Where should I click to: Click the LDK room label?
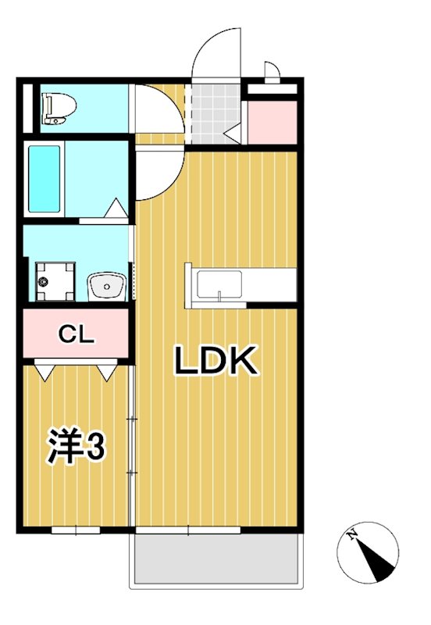[x=215, y=361]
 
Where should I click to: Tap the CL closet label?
[x=77, y=336]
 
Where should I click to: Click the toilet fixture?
[x=57, y=109]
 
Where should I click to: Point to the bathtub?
[x=44, y=179]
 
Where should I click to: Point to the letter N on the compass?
[x=353, y=535]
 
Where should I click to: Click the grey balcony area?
[x=216, y=560]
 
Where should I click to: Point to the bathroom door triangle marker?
[x=115, y=209]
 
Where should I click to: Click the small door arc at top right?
[x=272, y=72]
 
